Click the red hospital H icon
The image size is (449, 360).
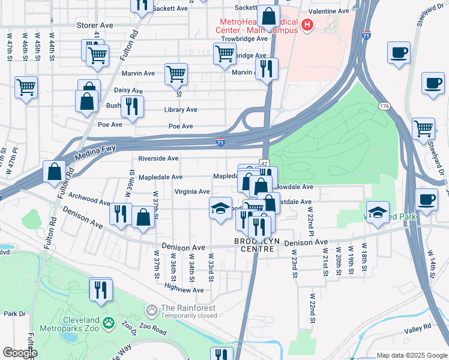(307, 25)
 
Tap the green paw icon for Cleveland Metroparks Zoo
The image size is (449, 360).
(109, 324)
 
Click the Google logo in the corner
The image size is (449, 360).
(20, 353)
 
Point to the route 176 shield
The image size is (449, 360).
(384, 106)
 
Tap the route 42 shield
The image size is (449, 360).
(264, 162)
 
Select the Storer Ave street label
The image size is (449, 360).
(95, 26)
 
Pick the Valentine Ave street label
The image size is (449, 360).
(328, 11)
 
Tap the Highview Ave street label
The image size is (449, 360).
(184, 290)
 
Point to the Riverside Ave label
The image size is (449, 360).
(158, 158)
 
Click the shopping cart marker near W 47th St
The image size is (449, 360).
(26, 88)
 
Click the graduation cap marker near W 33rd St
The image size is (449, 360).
(220, 209)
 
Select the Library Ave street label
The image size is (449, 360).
(181, 110)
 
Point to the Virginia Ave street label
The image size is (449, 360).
(192, 191)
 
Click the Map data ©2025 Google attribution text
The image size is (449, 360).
(411, 355)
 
